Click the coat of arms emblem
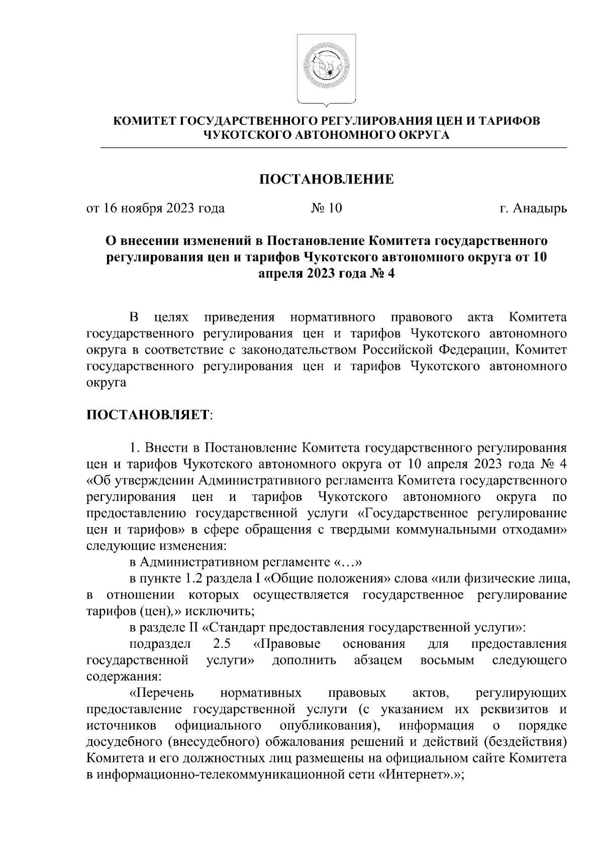click(326, 69)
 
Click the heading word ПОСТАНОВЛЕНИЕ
click(326, 179)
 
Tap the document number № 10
click(326, 208)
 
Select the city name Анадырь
click(540, 208)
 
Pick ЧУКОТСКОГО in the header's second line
click(248, 134)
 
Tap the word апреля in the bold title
click(279, 274)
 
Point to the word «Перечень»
click(162, 694)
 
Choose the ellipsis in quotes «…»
click(344, 562)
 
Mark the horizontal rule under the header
click(334, 148)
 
